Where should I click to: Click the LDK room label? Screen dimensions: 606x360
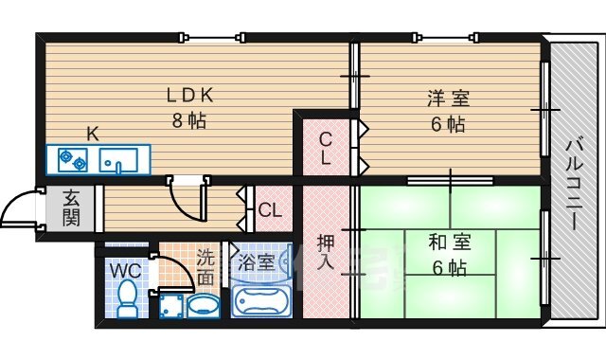pos(189,95)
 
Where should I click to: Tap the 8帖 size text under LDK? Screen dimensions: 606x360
pos(189,120)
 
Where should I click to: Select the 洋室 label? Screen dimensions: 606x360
pos(448,99)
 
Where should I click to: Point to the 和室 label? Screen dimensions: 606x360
pos(450,243)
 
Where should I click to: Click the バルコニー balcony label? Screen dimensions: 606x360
pos(575,183)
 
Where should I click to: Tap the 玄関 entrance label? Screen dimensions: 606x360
pos(71,208)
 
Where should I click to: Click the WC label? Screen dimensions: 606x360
pos(126,271)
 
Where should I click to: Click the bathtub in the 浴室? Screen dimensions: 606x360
pos(261,301)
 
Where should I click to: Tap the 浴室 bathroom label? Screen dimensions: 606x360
pos(256,263)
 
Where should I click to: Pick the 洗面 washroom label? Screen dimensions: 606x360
pos(205,267)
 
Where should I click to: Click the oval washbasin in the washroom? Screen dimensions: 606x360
pos(204,306)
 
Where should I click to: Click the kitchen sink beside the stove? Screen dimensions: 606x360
pos(118,160)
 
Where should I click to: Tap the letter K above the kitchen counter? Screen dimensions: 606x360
pos(93,135)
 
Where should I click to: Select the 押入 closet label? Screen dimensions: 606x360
pos(325,252)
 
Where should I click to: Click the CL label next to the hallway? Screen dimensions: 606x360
pos(270,210)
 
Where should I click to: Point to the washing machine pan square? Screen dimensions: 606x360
pos(171,307)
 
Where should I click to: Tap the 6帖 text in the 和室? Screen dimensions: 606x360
pos(450,267)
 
